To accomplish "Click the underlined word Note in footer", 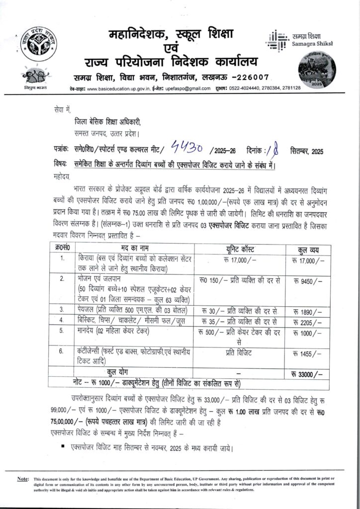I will [22, 478].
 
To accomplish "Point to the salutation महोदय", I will [61, 175].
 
